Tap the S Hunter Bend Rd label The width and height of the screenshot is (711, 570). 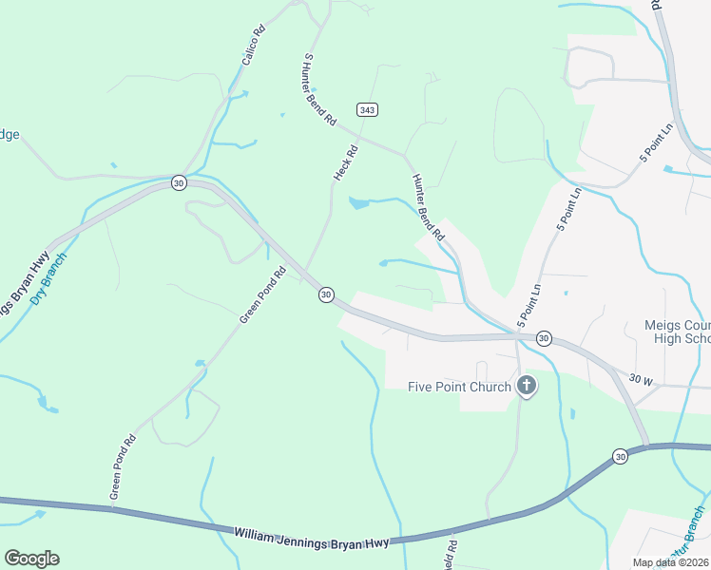pyautogui.click(x=320, y=90)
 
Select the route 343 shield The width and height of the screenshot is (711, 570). pyautogui.click(x=368, y=110)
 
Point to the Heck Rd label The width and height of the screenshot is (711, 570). pyautogui.click(x=345, y=163)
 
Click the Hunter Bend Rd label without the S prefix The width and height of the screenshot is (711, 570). pyautogui.click(x=428, y=205)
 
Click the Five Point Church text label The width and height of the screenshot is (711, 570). pyautogui.click(x=459, y=387)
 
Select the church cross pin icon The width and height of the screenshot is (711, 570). pyautogui.click(x=527, y=386)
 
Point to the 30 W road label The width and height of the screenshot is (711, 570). pyautogui.click(x=642, y=381)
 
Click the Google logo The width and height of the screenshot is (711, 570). pyautogui.click(x=31, y=559)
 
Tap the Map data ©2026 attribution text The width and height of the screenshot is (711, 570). pyautogui.click(x=670, y=562)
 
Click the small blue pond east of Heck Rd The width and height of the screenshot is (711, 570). pyautogui.click(x=358, y=202)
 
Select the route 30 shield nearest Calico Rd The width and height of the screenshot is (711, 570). pyautogui.click(x=178, y=182)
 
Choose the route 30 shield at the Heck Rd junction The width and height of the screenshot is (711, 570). pyautogui.click(x=326, y=294)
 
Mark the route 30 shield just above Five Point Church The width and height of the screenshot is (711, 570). pyautogui.click(x=544, y=338)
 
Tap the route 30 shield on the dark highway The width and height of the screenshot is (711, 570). pyautogui.click(x=620, y=456)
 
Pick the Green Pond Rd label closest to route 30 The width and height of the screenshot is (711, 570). pyautogui.click(x=262, y=295)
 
